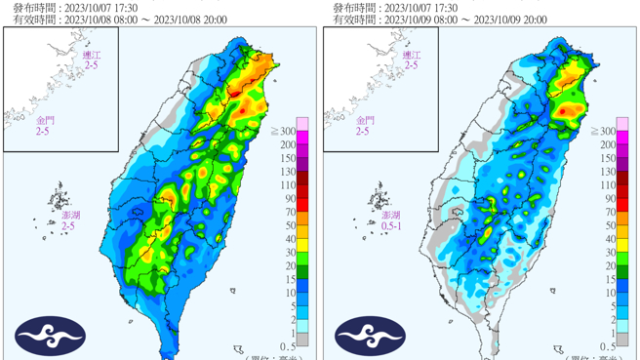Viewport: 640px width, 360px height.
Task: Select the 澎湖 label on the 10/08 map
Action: [x=67, y=215]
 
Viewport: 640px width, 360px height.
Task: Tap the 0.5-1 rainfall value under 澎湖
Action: [x=390, y=226]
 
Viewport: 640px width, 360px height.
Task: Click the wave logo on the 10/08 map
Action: [x=51, y=336]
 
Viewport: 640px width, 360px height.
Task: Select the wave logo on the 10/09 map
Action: [x=371, y=336]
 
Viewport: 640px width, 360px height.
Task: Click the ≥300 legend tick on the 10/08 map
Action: [x=286, y=131]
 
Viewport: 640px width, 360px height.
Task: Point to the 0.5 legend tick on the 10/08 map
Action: [x=288, y=346]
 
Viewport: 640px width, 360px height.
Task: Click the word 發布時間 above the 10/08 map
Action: [x=32, y=7]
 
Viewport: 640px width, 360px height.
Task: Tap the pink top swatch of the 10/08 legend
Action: [x=303, y=123]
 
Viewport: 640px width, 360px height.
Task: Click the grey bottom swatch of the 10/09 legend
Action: [x=623, y=340]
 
